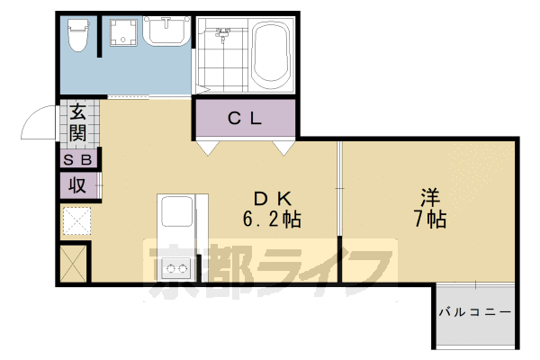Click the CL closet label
244,117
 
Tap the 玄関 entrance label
78,124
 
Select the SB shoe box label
77,159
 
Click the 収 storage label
78,185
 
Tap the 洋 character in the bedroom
431,196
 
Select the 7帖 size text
431,219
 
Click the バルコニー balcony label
475,313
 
